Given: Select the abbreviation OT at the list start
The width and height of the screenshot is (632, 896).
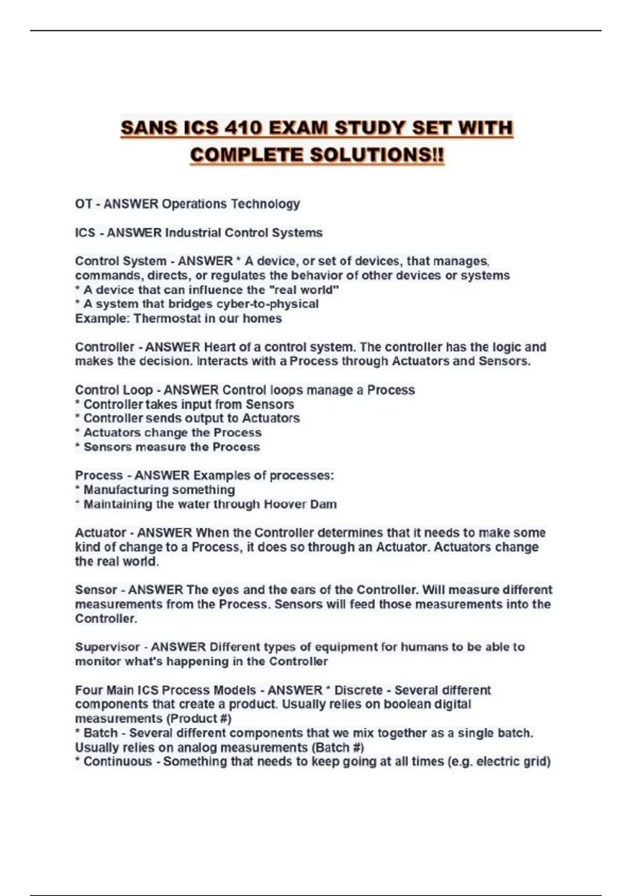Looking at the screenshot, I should point(83,204).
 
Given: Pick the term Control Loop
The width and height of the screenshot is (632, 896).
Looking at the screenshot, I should point(114,390).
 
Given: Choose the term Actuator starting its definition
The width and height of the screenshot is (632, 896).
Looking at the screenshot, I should point(101,533).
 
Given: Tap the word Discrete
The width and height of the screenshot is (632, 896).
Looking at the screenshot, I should point(358,690).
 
